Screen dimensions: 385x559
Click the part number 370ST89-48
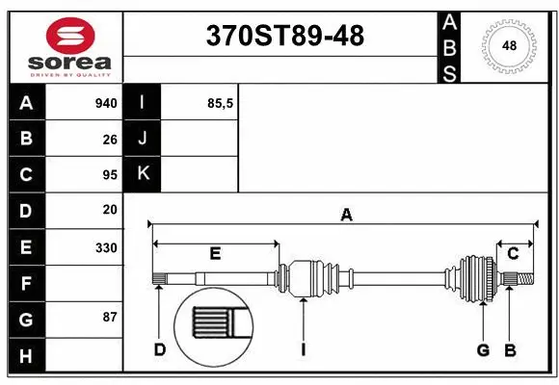click(286, 36)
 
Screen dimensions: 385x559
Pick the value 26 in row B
click(110, 139)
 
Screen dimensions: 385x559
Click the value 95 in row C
click(110, 174)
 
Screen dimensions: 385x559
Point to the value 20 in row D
click(110, 210)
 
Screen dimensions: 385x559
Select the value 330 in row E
click(106, 247)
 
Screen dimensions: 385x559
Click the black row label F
click(26, 284)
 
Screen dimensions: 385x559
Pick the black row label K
click(143, 174)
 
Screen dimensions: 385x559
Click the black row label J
click(143, 139)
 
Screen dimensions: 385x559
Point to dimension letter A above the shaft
click(346, 216)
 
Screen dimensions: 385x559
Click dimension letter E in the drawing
click(216, 254)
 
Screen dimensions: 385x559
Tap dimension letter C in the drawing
click(513, 254)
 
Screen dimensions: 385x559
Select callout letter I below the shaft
click(303, 349)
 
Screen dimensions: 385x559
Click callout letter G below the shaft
click(483, 349)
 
